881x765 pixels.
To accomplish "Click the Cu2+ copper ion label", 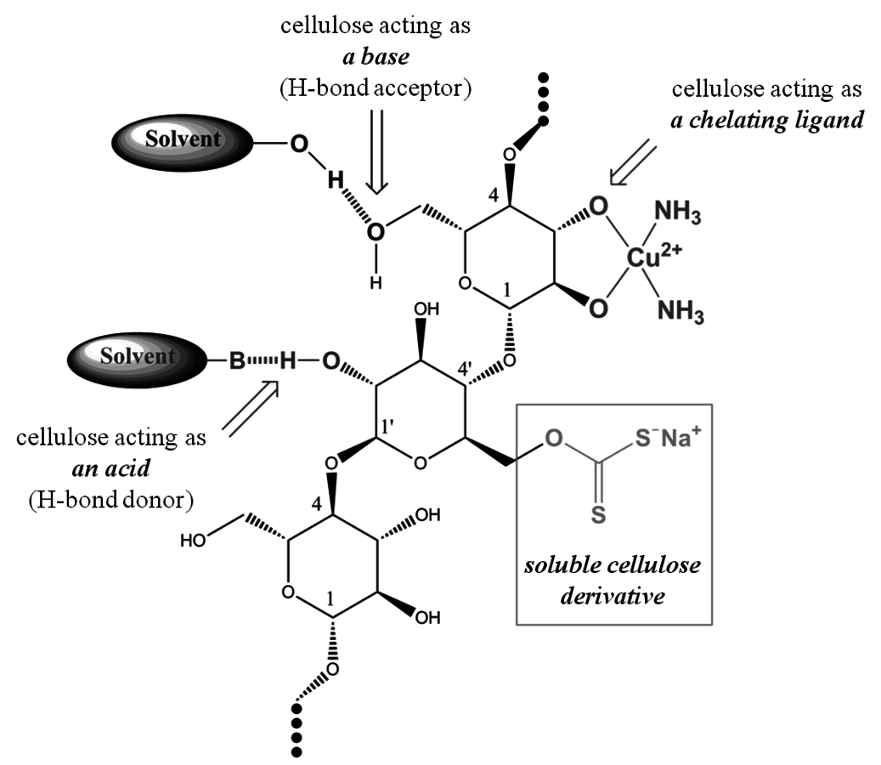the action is tap(653, 257).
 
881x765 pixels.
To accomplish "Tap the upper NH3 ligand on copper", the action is tap(678, 213).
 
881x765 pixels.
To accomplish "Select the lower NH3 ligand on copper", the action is tap(681, 311).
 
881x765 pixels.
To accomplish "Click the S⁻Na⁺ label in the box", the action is tap(668, 437).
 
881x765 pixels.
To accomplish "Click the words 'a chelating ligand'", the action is tap(767, 120).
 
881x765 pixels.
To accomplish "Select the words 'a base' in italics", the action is tap(376, 56).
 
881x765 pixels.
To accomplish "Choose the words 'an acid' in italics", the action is tap(111, 468).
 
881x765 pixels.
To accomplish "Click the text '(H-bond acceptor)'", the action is tap(376, 88).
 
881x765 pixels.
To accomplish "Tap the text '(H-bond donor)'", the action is tap(110, 500).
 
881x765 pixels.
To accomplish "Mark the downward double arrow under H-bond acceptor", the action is tap(376, 152).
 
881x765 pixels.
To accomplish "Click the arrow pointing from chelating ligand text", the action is tap(633, 162).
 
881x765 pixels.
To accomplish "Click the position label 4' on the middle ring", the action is tap(465, 369).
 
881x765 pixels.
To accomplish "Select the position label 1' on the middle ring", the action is tap(389, 428).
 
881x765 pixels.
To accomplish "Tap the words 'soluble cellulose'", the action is tap(613, 565).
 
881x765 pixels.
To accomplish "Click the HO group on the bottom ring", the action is tap(193, 541).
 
